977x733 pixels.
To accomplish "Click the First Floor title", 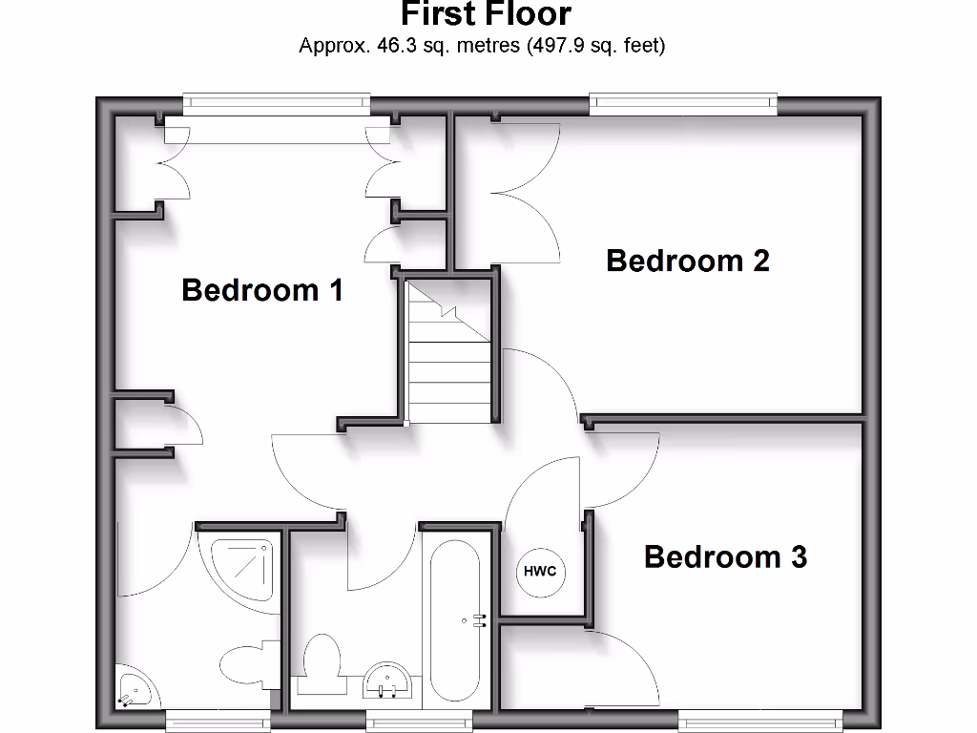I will (x=486, y=14).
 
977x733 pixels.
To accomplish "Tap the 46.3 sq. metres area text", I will (x=482, y=45).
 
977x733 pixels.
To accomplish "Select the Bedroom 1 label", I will (x=262, y=289).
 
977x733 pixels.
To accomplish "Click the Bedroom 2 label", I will (x=687, y=260).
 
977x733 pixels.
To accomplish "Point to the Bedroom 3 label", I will (x=725, y=555).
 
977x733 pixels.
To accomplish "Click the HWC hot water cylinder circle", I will (x=540, y=572).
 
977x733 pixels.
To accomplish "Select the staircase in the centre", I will (x=448, y=353).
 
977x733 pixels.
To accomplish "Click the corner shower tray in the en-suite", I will (x=242, y=574).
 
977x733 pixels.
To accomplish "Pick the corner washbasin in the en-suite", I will (x=134, y=686).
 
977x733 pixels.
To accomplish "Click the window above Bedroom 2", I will (x=682, y=103).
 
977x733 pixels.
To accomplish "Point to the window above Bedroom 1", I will (x=276, y=103).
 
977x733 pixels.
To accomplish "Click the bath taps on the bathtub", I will (x=476, y=621).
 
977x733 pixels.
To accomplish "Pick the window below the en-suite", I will (x=218, y=717).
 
